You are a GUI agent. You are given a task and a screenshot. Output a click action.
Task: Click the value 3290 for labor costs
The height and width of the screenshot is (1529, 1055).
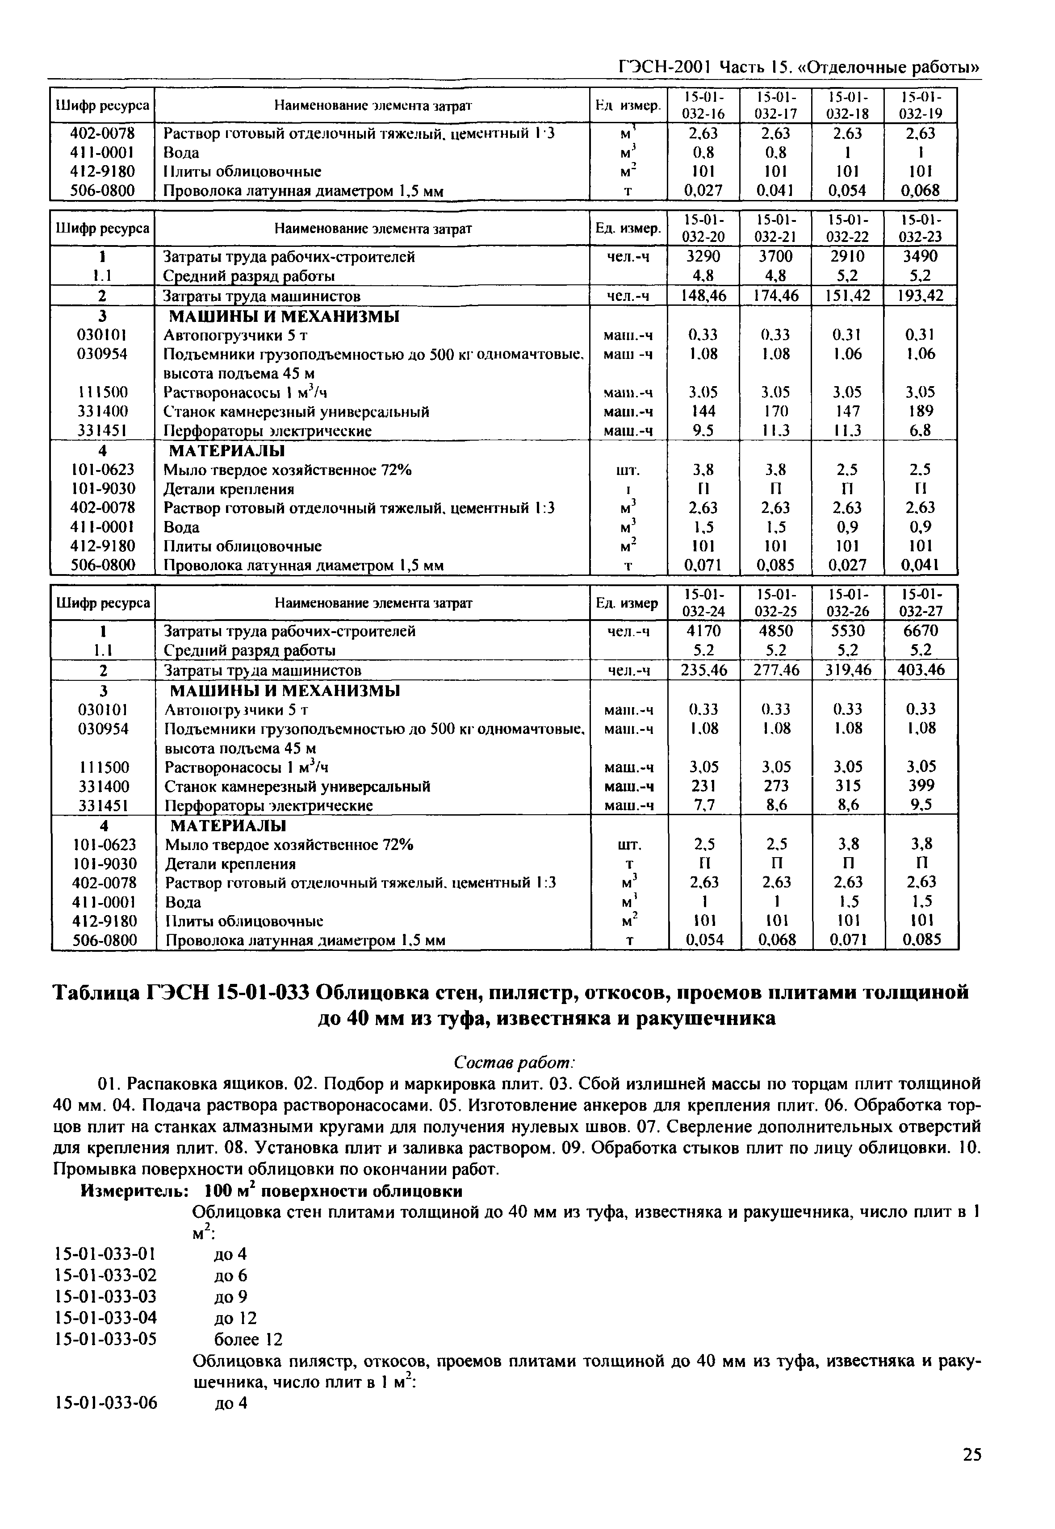pos(703,256)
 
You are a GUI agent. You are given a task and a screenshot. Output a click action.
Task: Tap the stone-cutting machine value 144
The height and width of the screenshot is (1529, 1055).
pos(703,411)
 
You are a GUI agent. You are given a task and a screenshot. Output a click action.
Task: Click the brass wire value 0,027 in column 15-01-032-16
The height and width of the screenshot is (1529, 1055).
pos(703,191)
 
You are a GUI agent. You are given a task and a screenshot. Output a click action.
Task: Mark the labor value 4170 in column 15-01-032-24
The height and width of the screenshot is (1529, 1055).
pos(703,631)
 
